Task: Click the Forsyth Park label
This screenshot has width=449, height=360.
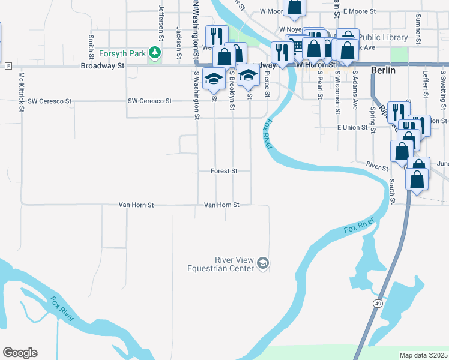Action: click(x=123, y=53)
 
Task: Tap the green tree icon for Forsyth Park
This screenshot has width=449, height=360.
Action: click(x=155, y=53)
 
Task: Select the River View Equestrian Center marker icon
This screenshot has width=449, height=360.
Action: click(x=263, y=263)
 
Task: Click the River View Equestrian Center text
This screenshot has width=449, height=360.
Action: click(x=235, y=264)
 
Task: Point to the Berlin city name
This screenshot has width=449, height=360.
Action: click(x=383, y=70)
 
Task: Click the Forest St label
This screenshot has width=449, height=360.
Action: click(x=224, y=171)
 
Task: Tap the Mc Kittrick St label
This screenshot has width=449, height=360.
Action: click(x=21, y=92)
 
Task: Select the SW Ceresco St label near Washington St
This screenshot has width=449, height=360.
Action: click(x=149, y=101)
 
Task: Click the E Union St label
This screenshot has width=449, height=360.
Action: click(x=352, y=127)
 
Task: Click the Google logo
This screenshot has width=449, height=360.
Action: click(x=20, y=353)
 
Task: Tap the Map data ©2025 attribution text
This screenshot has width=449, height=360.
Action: click(x=423, y=355)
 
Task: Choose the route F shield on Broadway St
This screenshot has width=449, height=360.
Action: click(x=8, y=65)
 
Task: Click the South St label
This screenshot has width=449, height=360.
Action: click(x=392, y=191)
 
